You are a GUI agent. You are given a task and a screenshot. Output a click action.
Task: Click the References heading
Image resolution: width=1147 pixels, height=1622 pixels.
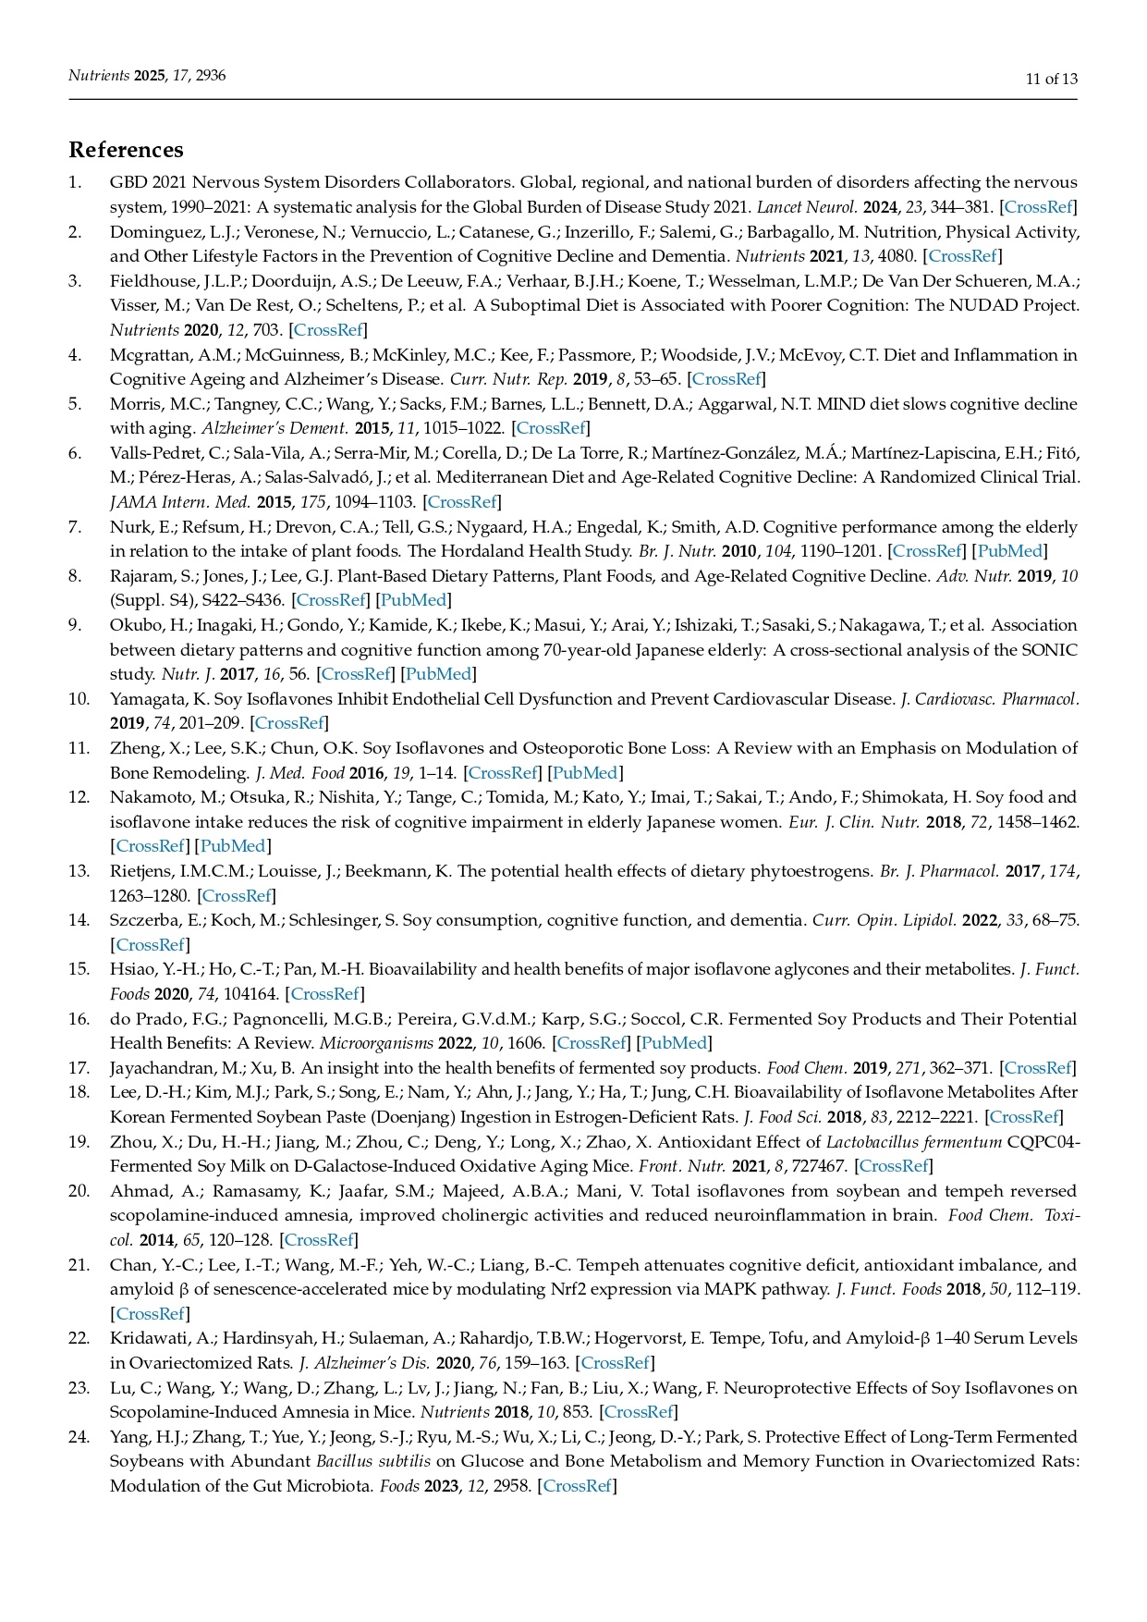pos(126,150)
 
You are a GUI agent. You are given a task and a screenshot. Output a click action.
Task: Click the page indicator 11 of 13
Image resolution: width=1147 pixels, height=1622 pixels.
pos(1051,79)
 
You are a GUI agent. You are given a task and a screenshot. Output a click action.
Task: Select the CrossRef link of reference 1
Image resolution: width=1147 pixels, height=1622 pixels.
pos(1039,207)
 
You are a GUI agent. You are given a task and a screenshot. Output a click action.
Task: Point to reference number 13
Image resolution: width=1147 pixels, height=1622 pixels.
pos(79,870)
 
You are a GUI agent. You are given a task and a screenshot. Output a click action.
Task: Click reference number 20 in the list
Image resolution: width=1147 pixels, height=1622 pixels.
pos(79,1190)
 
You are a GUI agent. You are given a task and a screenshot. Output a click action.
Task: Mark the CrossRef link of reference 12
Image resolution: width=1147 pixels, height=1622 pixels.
pos(151,846)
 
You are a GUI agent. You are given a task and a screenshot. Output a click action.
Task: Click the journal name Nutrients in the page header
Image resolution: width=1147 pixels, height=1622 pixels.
pos(99,76)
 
